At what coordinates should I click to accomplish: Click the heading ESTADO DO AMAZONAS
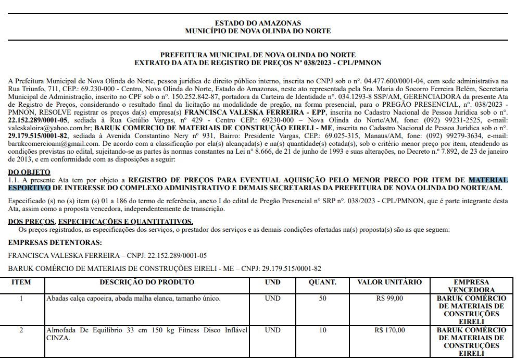tap(258, 23)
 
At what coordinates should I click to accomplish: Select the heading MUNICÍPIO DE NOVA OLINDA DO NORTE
tap(258, 31)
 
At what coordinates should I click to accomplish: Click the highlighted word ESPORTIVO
tap(29, 188)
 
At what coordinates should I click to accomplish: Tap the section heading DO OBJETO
tap(29, 172)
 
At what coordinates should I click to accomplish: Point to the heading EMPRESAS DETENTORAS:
tap(55, 242)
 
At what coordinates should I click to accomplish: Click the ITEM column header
tap(21, 282)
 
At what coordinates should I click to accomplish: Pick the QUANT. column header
tap(323, 282)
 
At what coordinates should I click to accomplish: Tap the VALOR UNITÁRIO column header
tap(389, 282)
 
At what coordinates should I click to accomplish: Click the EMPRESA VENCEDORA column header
tap(471, 286)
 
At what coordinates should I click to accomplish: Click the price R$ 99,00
tap(389, 299)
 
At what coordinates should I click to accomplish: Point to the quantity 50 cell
tap(323, 299)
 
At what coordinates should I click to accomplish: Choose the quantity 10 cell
tap(323, 330)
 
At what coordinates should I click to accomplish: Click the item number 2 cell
tap(21, 330)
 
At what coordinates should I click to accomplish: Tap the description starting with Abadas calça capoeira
tap(133, 299)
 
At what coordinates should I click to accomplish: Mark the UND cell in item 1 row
tap(272, 299)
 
